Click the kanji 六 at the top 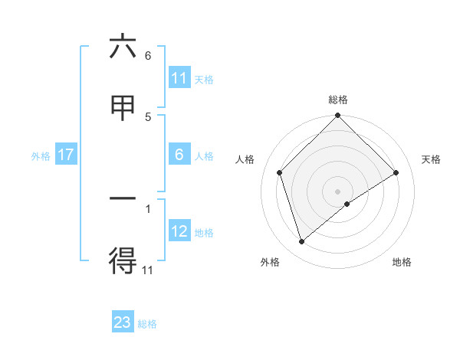click(x=123, y=48)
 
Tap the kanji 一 click(x=123, y=198)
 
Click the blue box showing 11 click(x=179, y=78)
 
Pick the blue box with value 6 click(x=179, y=155)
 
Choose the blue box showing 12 click(x=179, y=231)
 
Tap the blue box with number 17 click(x=65, y=155)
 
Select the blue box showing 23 click(x=123, y=322)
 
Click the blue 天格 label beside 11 click(x=204, y=79)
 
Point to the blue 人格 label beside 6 click(x=204, y=155)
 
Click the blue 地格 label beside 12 click(x=204, y=232)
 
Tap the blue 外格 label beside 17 click(x=41, y=155)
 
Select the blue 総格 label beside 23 click(x=147, y=323)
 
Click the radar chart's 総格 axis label click(x=338, y=100)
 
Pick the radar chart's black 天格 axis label click(x=432, y=159)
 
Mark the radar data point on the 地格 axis click(x=347, y=204)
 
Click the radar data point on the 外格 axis click(x=301, y=242)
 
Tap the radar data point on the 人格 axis click(x=280, y=172)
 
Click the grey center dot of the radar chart click(x=338, y=191)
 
